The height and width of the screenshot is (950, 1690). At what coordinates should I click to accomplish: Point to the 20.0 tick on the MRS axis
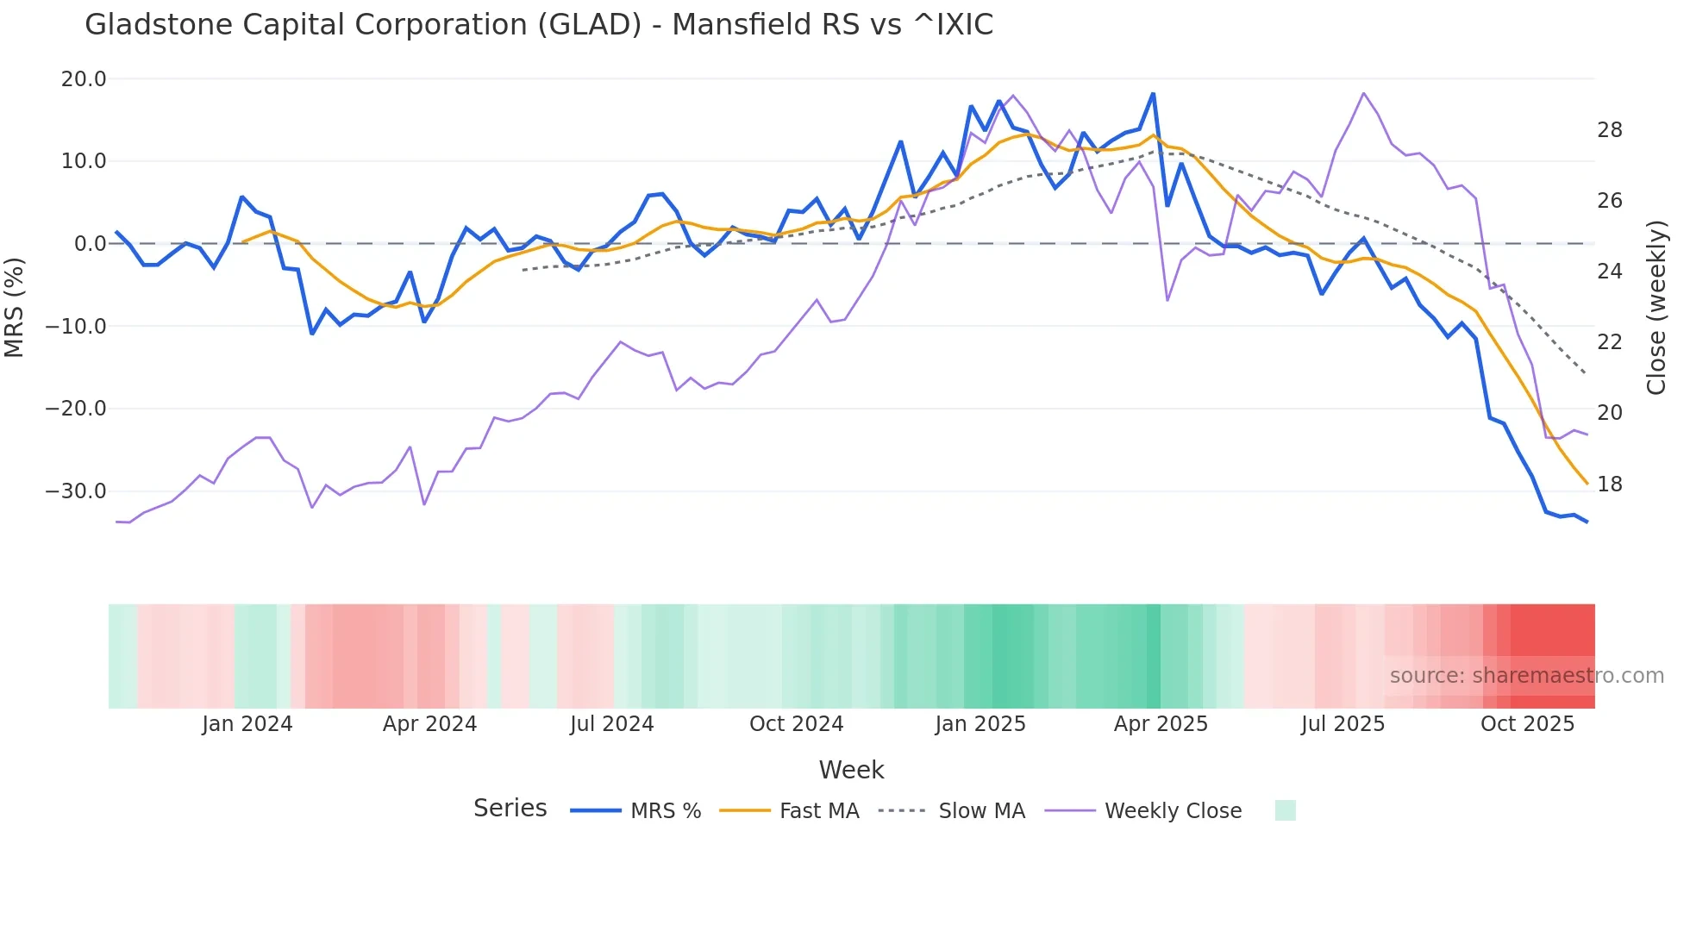(84, 79)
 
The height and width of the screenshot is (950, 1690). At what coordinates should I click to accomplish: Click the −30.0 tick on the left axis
(76, 491)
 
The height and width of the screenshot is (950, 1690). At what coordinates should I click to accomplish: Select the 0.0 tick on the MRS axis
(90, 244)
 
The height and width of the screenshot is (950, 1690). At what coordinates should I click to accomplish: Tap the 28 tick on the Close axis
(1609, 130)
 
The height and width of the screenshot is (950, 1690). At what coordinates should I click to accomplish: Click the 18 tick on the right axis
(1609, 484)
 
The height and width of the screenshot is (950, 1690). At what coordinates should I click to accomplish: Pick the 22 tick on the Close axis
(1609, 342)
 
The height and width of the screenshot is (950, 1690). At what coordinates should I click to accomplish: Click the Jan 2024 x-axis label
(247, 724)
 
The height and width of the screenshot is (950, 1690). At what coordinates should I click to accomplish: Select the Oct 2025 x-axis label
(1527, 724)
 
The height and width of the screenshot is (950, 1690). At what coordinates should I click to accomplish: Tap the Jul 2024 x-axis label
(611, 724)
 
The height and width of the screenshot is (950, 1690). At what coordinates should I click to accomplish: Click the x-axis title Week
(851, 770)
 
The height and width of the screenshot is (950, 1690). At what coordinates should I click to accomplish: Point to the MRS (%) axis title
(15, 307)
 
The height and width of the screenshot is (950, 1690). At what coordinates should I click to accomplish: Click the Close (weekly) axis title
(1656, 307)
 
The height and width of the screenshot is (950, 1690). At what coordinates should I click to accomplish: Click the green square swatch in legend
(1285, 810)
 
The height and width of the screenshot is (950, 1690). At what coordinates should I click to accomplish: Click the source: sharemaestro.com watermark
(1526, 676)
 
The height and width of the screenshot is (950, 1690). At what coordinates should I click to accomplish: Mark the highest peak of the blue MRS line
(1153, 94)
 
